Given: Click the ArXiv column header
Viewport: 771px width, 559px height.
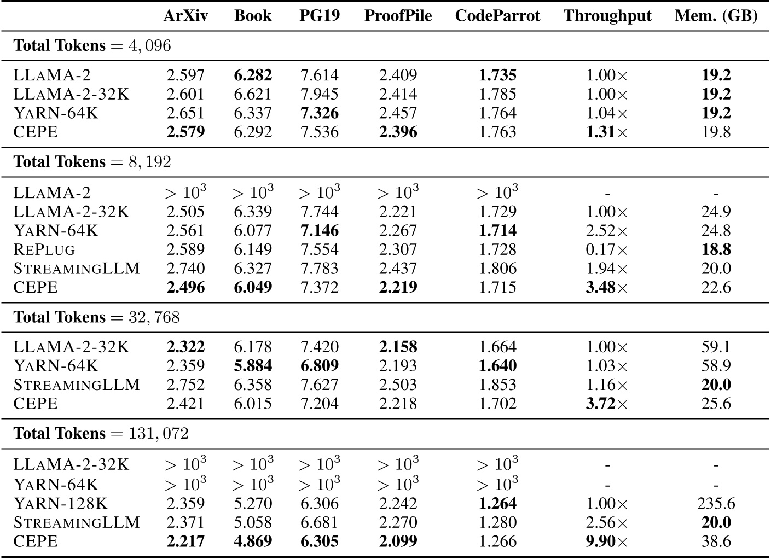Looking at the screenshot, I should point(185,16).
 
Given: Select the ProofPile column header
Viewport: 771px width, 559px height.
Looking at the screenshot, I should point(398,16).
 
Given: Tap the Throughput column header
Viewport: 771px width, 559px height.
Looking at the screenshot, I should point(607,16).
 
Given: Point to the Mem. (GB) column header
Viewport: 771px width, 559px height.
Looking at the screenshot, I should point(716,16).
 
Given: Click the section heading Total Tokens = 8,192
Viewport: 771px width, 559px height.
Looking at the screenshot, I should point(92,162).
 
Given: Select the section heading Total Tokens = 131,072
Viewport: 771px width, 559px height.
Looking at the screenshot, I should point(101,434).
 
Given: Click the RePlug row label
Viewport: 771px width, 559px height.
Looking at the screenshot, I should point(44,250).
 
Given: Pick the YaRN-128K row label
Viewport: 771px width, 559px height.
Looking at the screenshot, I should point(61,504).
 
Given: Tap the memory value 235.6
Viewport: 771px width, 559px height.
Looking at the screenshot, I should point(716,504).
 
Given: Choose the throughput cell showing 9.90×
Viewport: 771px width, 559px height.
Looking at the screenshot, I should point(607,541).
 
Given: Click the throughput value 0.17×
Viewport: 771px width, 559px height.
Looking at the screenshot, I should point(607,250).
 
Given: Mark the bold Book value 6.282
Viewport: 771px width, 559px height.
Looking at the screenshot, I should point(253,75).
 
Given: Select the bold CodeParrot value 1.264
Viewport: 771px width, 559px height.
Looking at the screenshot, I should point(497,504).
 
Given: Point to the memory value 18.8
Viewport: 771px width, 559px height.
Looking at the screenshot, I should point(716,250).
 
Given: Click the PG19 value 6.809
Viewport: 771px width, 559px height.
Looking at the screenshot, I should point(320,366).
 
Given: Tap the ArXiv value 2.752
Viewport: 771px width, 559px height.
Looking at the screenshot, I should point(185,385).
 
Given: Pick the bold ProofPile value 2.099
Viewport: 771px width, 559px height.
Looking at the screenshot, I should point(398,541).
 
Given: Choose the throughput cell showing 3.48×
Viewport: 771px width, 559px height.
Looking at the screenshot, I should point(607,288).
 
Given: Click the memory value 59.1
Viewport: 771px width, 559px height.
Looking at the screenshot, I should point(716,347).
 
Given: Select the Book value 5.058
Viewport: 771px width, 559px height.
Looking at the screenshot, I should point(253,522).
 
